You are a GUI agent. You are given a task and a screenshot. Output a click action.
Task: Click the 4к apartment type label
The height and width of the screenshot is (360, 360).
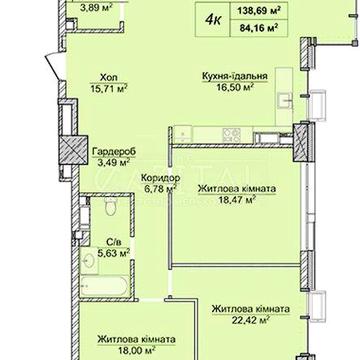click(212, 19)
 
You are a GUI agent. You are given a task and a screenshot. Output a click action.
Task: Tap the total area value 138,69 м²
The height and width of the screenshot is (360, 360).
click(258, 11)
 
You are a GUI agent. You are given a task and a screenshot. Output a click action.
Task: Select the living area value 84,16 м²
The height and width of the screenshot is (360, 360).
click(258, 28)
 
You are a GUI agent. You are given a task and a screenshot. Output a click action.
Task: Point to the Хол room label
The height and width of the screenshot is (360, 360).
click(108, 78)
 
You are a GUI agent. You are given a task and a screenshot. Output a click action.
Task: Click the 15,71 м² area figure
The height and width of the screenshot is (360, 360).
click(109, 89)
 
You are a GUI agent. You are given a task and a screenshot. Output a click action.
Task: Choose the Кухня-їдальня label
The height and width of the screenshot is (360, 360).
click(235, 76)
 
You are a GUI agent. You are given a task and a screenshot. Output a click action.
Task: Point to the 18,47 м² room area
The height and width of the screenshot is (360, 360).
click(236, 199)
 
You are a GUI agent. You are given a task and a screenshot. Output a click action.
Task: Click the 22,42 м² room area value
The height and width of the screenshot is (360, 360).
click(250, 320)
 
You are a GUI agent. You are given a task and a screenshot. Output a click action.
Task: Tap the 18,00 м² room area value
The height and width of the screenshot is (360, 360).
click(137, 350)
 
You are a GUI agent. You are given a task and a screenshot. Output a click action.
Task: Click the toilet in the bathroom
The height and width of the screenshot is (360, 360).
click(110, 207)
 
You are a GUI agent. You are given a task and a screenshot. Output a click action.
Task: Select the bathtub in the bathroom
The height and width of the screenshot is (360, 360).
click(104, 286)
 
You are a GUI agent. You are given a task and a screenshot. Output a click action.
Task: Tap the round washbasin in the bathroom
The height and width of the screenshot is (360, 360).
click(89, 261)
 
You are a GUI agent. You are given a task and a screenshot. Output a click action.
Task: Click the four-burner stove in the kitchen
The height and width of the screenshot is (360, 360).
click(232, 134)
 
